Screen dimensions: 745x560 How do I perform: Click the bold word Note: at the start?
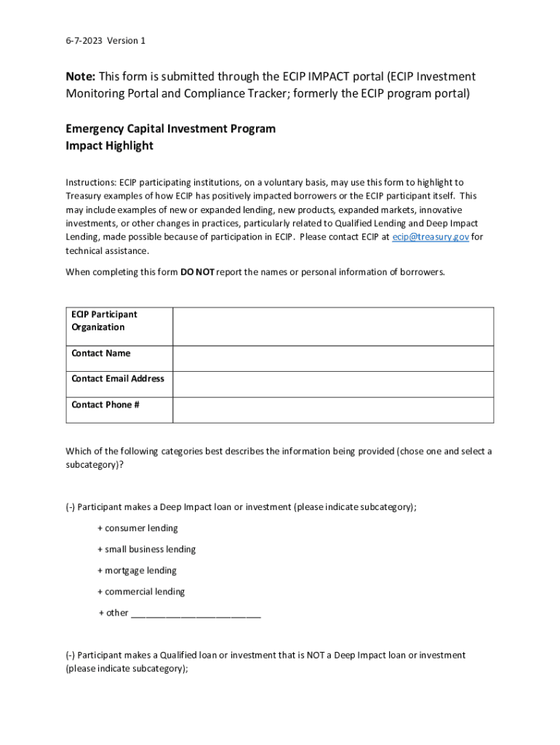pyautogui.click(x=80, y=76)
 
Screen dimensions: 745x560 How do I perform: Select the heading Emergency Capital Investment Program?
pyautogui.click(x=170, y=129)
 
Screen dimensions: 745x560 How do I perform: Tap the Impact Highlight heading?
pyautogui.click(x=109, y=146)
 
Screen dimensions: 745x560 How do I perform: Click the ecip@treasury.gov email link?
pyautogui.click(x=430, y=237)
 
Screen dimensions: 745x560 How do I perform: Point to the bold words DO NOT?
pyautogui.click(x=197, y=272)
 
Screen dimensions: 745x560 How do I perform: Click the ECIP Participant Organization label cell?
pyautogui.click(x=104, y=321)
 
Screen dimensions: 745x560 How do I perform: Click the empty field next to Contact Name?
pyautogui.click(x=332, y=358)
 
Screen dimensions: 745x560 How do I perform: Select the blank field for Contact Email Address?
pyautogui.click(x=332, y=384)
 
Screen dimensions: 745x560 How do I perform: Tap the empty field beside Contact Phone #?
pyautogui.click(x=332, y=410)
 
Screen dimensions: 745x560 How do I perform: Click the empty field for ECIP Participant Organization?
pyautogui.click(x=332, y=326)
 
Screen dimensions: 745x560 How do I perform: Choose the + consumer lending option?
pyautogui.click(x=137, y=528)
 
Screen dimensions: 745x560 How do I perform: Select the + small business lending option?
pyautogui.click(x=146, y=549)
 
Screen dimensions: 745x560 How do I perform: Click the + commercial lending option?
pyautogui.click(x=141, y=591)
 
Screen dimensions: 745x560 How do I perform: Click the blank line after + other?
pyautogui.click(x=196, y=613)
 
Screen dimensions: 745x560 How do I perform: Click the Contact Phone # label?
pyautogui.click(x=105, y=405)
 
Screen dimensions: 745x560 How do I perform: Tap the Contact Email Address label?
pyautogui.click(x=118, y=378)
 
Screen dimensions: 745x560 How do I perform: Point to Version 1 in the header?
pyautogui.click(x=127, y=41)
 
